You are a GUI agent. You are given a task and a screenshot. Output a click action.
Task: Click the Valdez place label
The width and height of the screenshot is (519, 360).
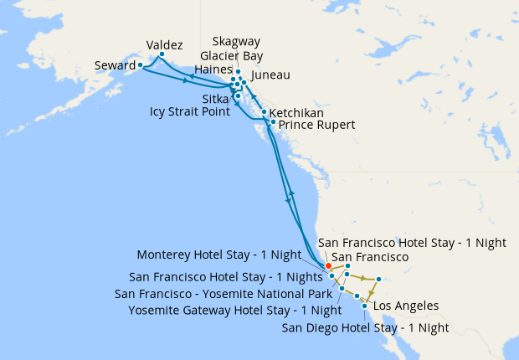(164, 44)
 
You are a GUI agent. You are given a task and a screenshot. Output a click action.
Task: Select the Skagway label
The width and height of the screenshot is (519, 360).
(236, 40)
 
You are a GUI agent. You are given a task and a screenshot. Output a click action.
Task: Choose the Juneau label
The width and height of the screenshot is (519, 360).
(270, 75)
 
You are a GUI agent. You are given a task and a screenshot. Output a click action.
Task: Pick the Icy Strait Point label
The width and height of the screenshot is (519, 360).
(190, 111)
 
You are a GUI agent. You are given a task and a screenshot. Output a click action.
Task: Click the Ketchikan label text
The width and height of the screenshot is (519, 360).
(297, 112)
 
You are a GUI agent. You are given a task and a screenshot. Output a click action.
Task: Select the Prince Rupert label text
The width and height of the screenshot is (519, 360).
(316, 125)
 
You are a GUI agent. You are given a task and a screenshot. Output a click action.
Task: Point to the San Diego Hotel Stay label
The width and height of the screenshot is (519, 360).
(364, 327)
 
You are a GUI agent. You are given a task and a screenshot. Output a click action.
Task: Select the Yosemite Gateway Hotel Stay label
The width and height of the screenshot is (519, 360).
(229, 311)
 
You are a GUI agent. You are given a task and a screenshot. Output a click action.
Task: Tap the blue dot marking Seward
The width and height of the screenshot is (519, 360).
(141, 64)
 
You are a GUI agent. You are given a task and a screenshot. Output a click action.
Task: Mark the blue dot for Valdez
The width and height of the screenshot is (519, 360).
(162, 54)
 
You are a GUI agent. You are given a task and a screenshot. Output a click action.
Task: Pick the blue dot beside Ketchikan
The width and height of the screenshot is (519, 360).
(265, 112)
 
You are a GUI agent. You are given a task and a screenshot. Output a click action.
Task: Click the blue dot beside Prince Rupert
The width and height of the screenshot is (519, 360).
(273, 122)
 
